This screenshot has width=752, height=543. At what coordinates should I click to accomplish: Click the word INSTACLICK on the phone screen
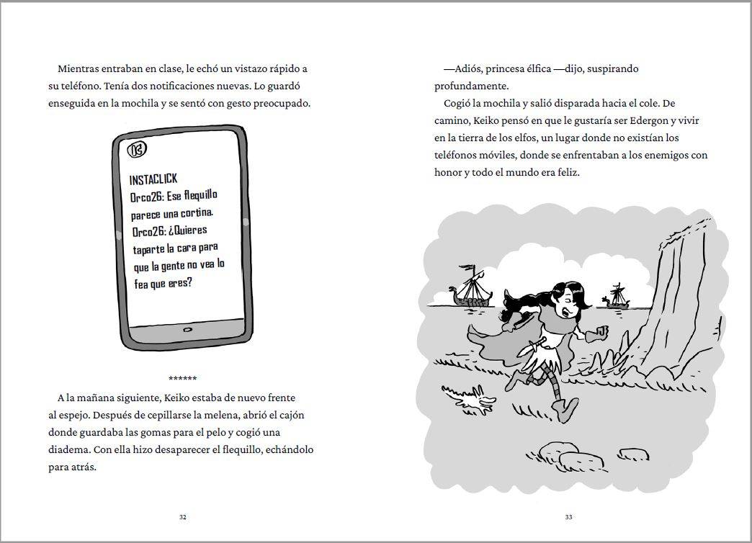pos(153,179)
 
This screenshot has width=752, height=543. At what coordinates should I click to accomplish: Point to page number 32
pos(182,516)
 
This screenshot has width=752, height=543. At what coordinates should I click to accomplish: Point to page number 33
pos(568,516)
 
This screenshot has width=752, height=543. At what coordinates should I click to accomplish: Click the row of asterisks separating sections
pos(182,379)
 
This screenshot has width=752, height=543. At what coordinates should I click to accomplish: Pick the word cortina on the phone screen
pos(195,213)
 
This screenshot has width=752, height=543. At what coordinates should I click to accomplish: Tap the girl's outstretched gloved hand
pos(599,334)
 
